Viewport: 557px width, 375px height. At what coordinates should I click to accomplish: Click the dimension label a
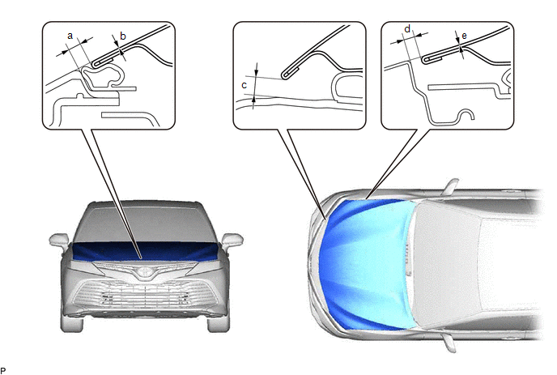tap(70, 36)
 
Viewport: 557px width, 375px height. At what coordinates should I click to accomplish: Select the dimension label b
tap(123, 36)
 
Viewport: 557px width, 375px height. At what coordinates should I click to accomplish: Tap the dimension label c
tap(244, 85)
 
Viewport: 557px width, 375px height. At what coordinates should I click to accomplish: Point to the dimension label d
tap(407, 29)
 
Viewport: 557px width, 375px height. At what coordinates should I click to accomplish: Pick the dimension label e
tap(464, 36)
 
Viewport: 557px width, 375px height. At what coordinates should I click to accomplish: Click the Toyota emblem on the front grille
tap(144, 272)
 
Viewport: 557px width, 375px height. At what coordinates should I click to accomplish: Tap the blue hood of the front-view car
tap(145, 252)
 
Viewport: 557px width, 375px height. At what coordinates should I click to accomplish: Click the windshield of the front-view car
tap(145, 224)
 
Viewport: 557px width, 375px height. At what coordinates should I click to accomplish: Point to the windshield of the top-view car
tap(448, 265)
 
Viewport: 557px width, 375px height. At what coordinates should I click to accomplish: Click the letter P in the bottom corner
tap(3, 371)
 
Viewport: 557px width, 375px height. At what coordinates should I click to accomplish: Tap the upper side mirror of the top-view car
tap(451, 186)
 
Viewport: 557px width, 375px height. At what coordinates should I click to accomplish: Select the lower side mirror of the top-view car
tap(449, 343)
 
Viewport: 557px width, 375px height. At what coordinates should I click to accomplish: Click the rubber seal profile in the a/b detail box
tap(103, 75)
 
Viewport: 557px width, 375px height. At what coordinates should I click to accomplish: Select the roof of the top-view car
tap(512, 265)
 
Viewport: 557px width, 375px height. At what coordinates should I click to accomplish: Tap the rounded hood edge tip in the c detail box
tap(284, 75)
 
